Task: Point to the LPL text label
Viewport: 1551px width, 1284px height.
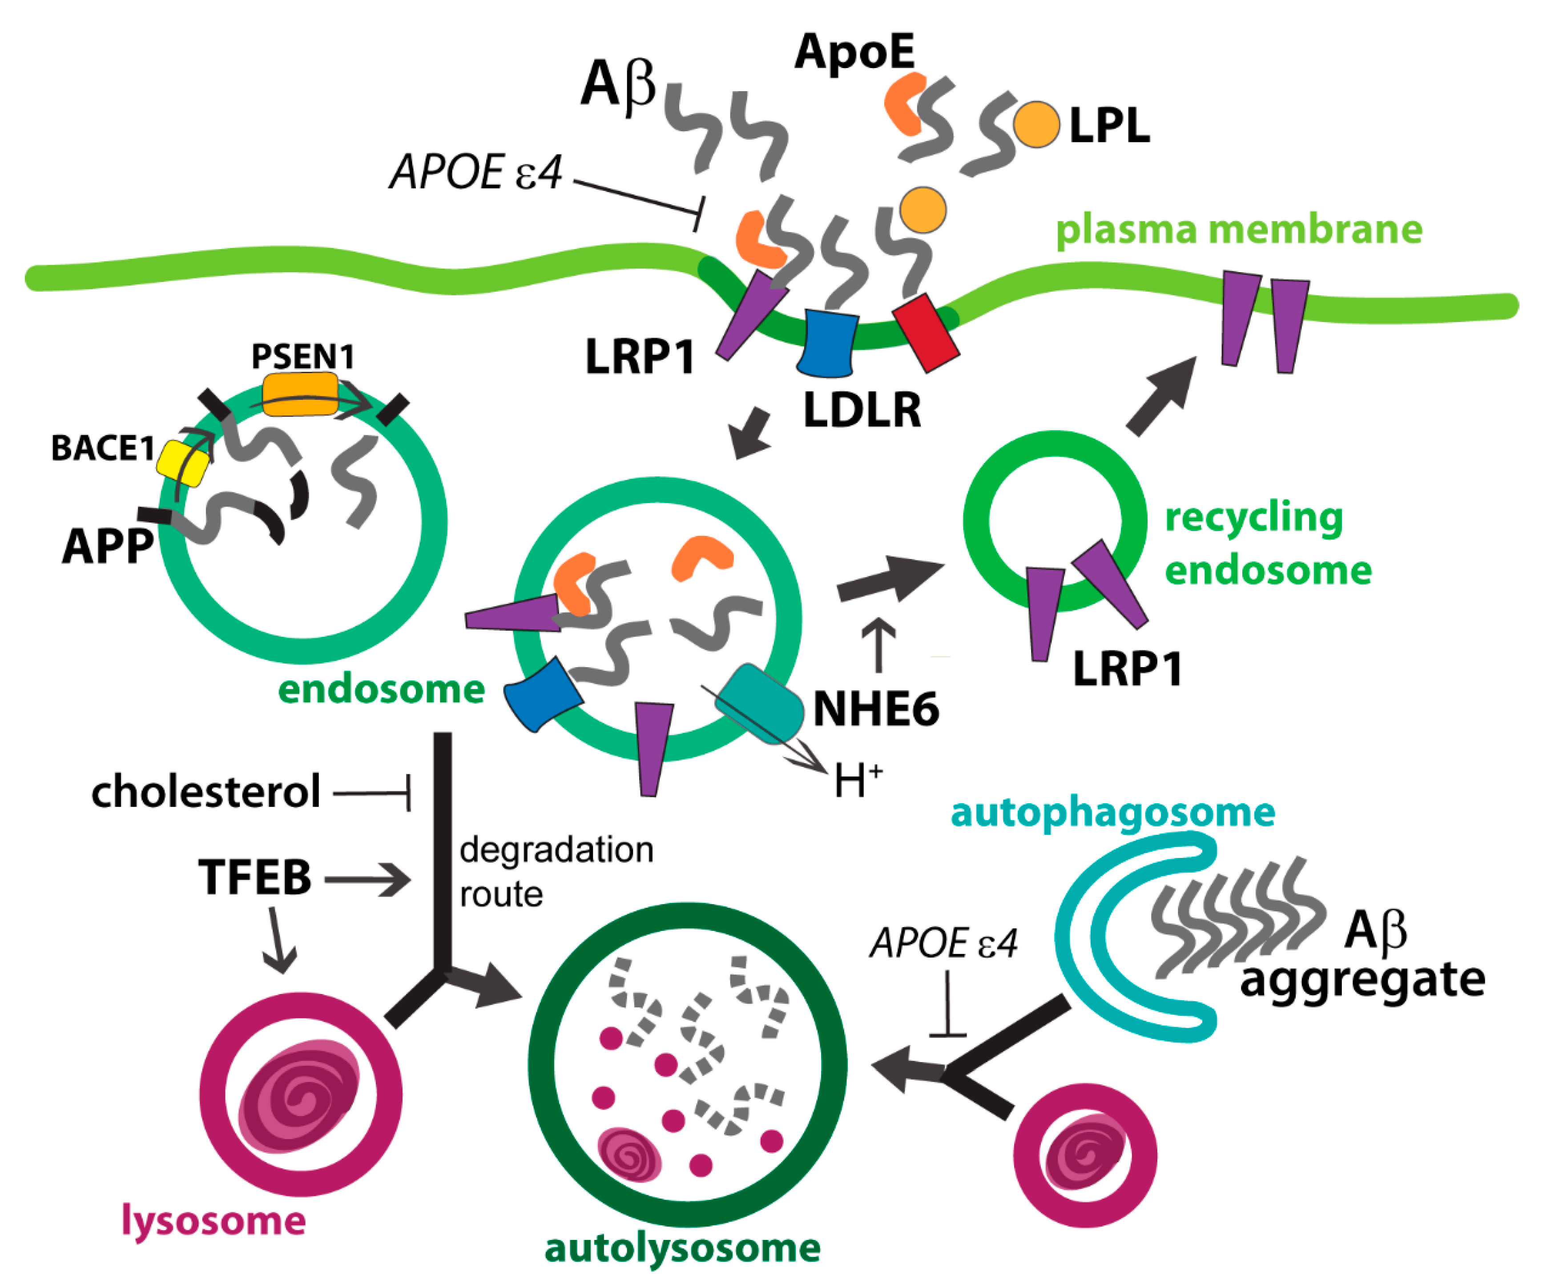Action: tap(1109, 125)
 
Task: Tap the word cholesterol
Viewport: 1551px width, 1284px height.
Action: tap(206, 792)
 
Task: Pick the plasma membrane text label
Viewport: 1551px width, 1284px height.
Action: tap(1239, 229)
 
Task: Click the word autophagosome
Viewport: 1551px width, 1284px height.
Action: tap(1112, 812)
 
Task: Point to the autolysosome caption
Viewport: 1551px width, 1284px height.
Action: tap(682, 1248)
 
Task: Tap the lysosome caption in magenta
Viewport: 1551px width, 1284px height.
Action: tap(214, 1220)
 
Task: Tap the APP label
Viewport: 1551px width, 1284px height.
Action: tap(108, 547)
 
